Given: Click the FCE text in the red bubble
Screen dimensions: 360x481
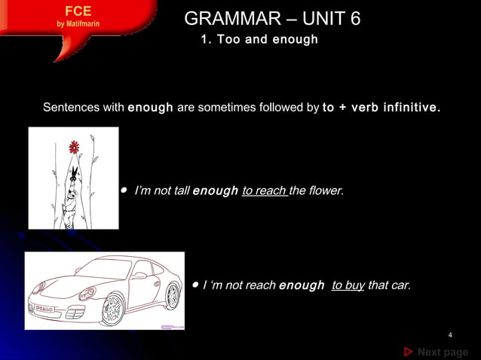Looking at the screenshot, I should pyautogui.click(x=78, y=11).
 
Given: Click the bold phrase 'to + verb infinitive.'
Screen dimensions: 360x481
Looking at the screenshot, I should pyautogui.click(x=381, y=108).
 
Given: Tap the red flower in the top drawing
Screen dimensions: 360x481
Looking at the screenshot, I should pyautogui.click(x=74, y=146).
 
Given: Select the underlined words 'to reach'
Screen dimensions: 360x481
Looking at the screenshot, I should pyautogui.click(x=264, y=191).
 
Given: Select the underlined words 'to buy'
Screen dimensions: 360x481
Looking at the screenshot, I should pyautogui.click(x=348, y=286).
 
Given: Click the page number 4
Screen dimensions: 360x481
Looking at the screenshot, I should pyautogui.click(x=449, y=335).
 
